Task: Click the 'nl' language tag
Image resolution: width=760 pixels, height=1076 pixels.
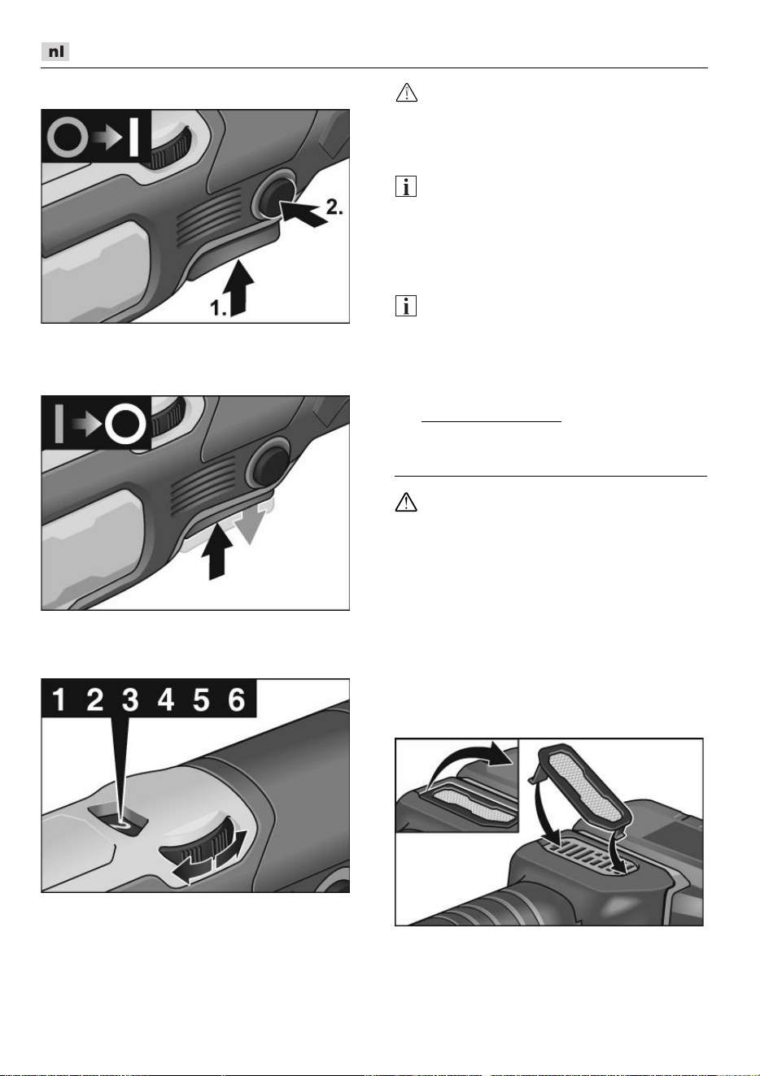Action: pyautogui.click(x=55, y=51)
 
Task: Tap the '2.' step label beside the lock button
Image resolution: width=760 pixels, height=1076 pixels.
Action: pyautogui.click(x=334, y=207)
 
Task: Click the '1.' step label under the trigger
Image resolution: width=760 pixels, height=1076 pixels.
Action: pyautogui.click(x=218, y=307)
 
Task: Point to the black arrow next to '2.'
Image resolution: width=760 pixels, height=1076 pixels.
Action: pyautogui.click(x=302, y=213)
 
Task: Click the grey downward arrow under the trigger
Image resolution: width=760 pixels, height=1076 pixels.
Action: pyautogui.click(x=252, y=522)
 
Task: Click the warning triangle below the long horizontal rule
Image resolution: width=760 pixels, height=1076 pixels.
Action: pyautogui.click(x=406, y=502)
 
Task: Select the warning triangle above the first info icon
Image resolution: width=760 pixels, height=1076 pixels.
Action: pyautogui.click(x=407, y=92)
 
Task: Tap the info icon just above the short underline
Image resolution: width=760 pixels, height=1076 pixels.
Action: pyautogui.click(x=406, y=306)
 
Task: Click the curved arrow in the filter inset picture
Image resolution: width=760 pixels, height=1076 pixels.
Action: pyautogui.click(x=469, y=764)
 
